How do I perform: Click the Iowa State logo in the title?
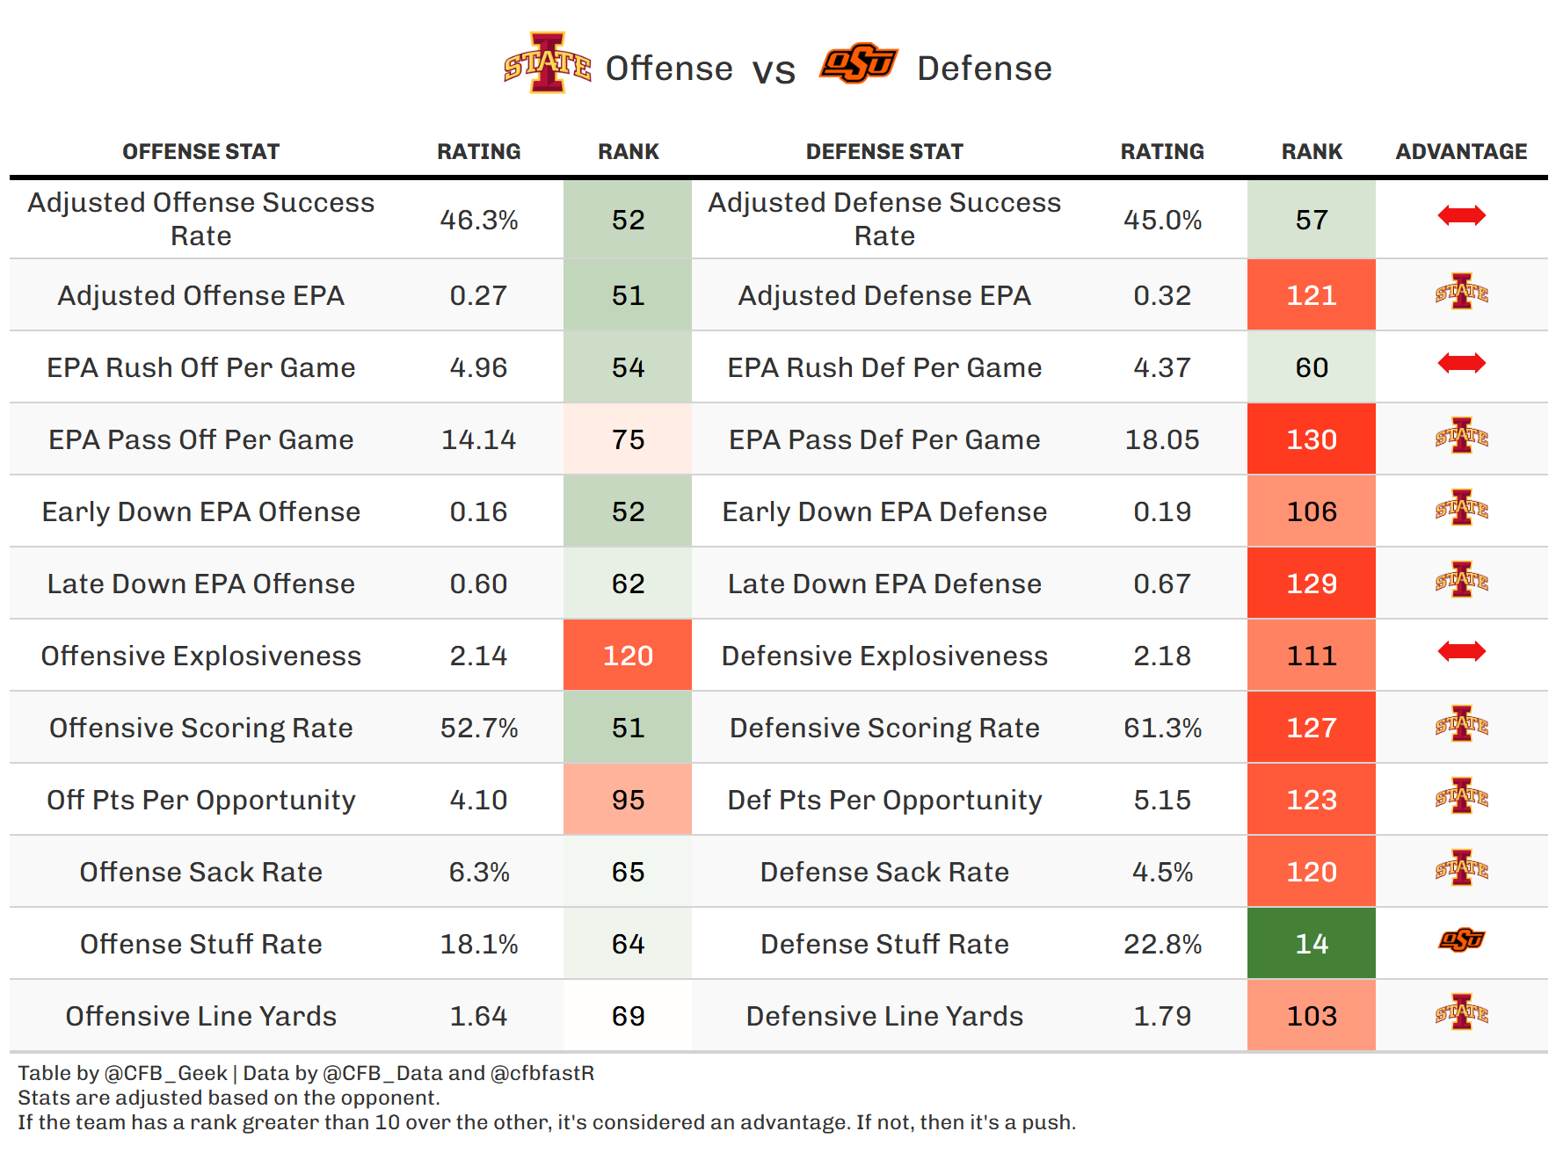click(547, 63)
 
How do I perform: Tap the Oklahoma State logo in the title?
click(858, 63)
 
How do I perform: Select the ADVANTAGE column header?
click(1461, 152)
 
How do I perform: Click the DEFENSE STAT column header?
click(884, 152)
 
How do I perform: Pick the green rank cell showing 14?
click(1311, 944)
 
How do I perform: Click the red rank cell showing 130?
click(1311, 439)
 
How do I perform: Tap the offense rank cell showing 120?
click(628, 656)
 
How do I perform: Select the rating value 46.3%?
click(479, 220)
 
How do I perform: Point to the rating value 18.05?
click(1162, 439)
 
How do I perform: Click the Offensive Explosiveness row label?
click(201, 656)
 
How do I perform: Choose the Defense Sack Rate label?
click(884, 872)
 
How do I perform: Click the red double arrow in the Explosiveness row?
click(1461, 651)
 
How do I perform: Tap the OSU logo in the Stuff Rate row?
click(1461, 940)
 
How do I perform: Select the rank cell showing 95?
click(628, 800)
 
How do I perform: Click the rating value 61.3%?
click(1162, 728)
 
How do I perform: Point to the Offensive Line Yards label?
click(201, 1016)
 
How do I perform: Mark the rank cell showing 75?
click(628, 439)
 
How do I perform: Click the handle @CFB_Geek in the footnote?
click(166, 1073)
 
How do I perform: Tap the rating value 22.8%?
click(1162, 944)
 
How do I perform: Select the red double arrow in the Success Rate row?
click(1461, 215)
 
